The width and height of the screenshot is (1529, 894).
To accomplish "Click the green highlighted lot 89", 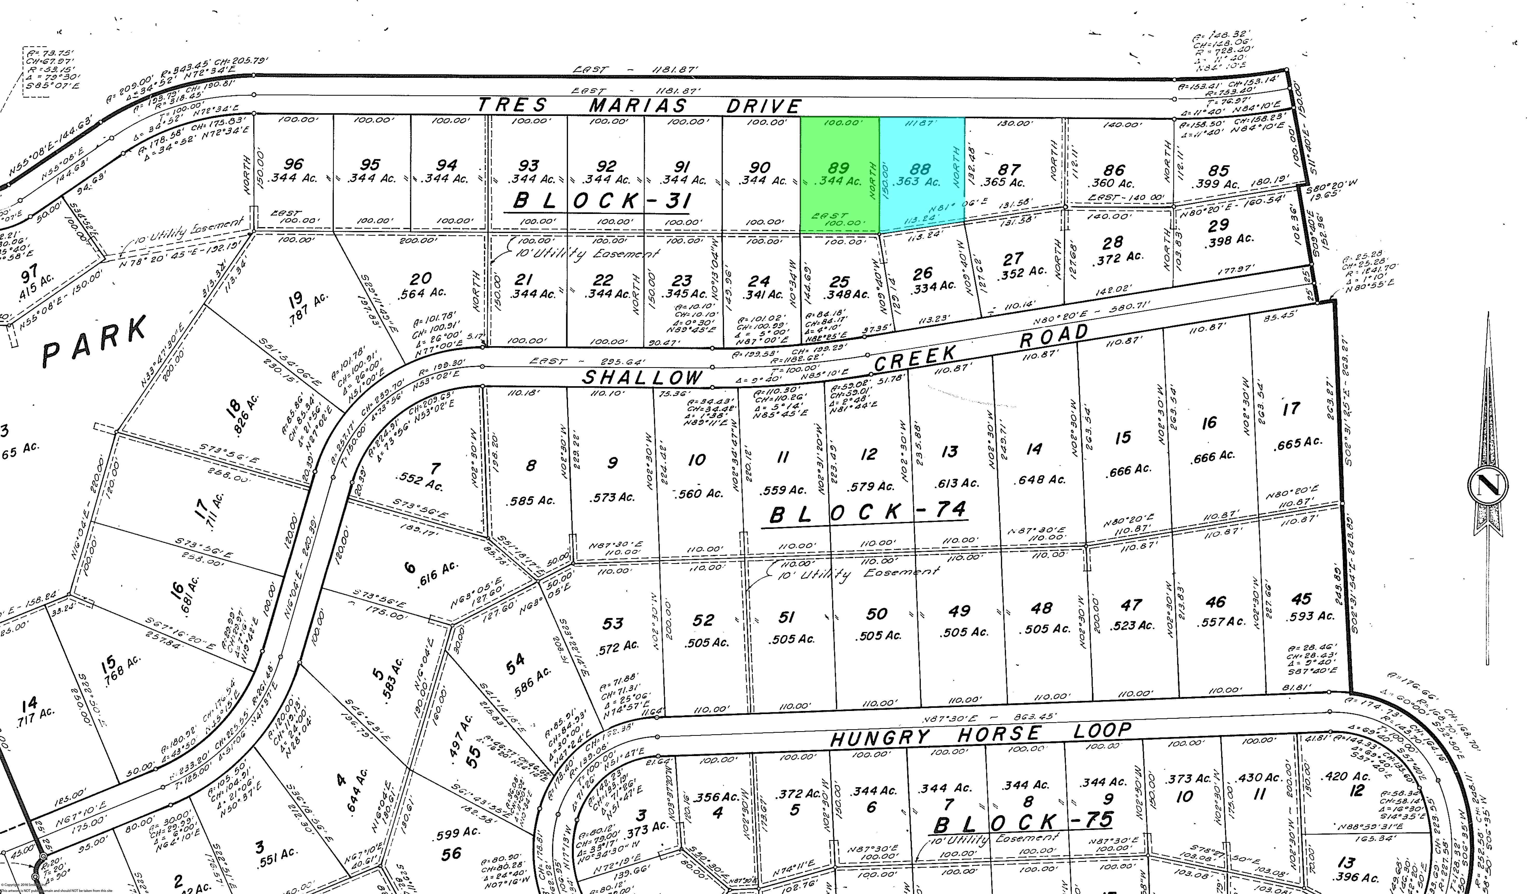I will [839, 174].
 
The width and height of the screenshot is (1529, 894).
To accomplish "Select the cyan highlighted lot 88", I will [921, 174].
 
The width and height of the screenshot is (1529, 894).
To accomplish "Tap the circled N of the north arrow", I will [1488, 485].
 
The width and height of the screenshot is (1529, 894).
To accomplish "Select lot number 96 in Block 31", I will [294, 164].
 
